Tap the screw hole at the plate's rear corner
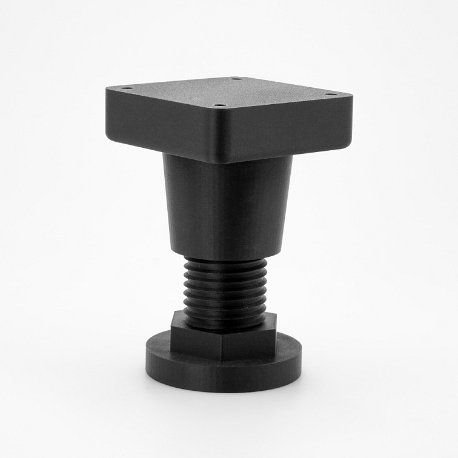click(236, 78)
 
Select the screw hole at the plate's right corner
click(330, 94)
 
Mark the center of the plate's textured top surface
click(230, 92)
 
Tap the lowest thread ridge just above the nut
click(225, 322)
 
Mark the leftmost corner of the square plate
click(107, 91)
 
